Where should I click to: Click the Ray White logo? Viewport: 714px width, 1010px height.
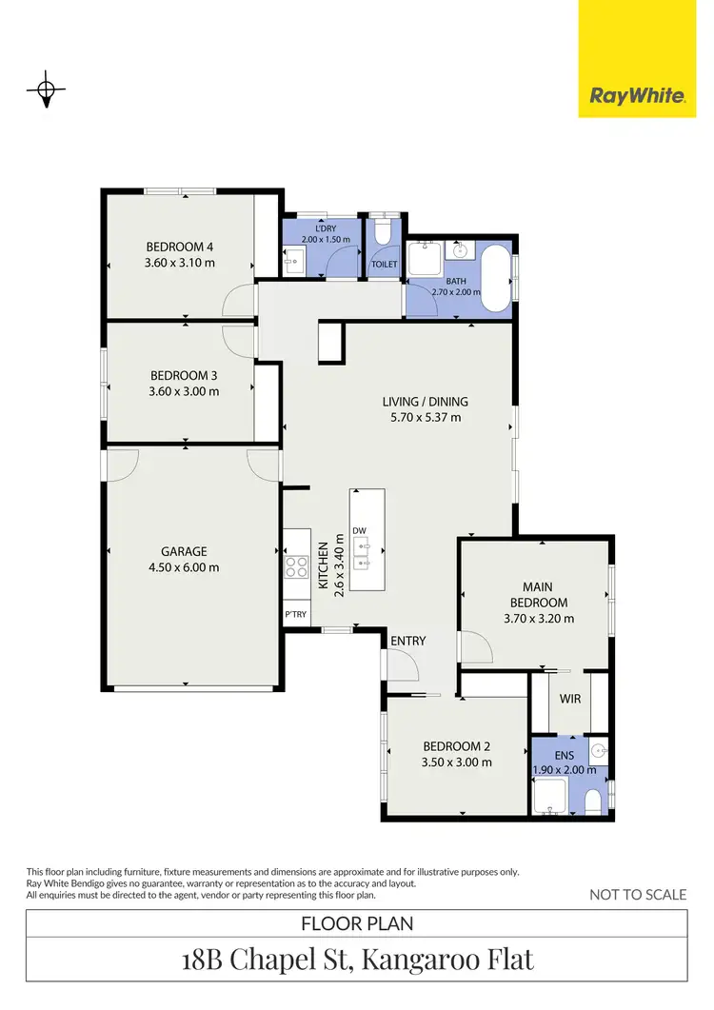click(637, 95)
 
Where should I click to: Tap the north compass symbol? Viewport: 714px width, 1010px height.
click(45, 90)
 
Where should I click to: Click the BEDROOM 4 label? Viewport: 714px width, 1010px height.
click(179, 247)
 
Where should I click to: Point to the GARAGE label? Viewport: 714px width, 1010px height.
click(184, 551)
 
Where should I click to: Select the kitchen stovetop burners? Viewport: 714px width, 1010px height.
click(296, 567)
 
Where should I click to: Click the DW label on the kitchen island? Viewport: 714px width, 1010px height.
click(359, 530)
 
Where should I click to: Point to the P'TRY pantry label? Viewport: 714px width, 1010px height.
click(296, 614)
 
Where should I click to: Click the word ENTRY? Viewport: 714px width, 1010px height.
click(407, 641)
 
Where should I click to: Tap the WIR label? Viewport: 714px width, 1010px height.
click(571, 698)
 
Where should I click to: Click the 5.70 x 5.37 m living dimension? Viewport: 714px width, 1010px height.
click(425, 416)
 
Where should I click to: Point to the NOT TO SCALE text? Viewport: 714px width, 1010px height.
click(637, 894)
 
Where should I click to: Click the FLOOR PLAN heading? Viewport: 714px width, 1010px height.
click(356, 922)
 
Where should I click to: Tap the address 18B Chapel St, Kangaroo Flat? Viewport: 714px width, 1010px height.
click(356, 959)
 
